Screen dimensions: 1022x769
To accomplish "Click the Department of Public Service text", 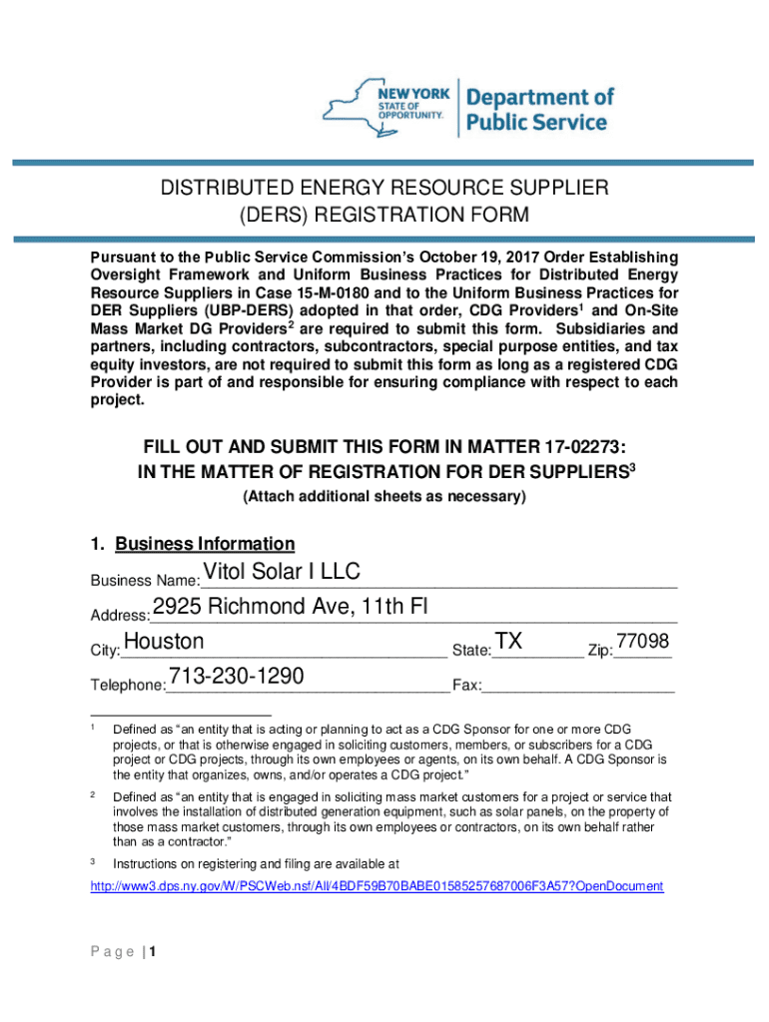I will click(x=540, y=110).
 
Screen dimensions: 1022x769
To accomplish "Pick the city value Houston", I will click(x=163, y=641).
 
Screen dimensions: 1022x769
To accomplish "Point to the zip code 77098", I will click(x=643, y=641).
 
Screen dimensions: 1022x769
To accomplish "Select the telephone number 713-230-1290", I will click(x=237, y=676).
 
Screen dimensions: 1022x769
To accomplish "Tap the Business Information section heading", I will click(x=205, y=544).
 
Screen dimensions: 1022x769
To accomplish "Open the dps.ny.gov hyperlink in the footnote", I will click(x=377, y=886).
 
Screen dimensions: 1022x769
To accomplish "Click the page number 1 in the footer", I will click(x=154, y=952).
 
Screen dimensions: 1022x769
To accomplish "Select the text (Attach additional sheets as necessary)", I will click(x=384, y=496).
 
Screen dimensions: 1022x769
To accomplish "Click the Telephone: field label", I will click(x=128, y=686).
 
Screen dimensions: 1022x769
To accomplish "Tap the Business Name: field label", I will click(x=144, y=581).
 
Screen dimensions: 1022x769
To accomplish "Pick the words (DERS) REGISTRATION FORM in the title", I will click(x=384, y=215).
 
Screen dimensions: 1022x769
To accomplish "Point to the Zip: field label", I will click(x=601, y=651).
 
